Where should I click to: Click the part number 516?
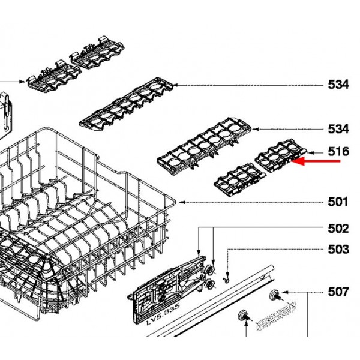tap(338, 152)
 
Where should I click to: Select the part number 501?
tap(338, 202)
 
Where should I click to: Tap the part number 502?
tap(338, 229)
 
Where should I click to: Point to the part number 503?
tap(338, 249)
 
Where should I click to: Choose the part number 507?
tap(338, 292)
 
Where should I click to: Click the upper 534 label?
tap(338, 85)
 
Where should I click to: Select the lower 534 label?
tap(338, 129)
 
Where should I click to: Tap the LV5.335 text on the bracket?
tap(163, 314)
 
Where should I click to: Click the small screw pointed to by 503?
tap(227, 280)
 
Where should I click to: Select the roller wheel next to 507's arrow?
tap(275, 295)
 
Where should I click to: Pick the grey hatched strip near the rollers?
tap(275, 316)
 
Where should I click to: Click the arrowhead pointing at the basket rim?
tap(182, 202)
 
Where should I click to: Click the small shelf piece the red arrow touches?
tap(281, 155)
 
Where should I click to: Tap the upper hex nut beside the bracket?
tap(209, 269)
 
